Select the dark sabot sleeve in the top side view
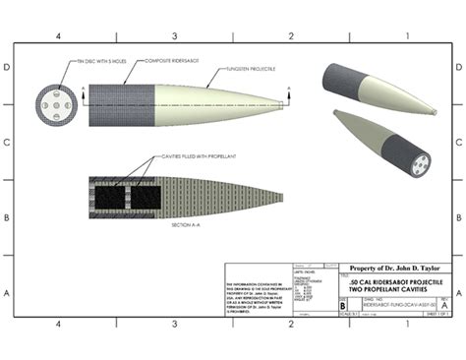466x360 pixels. click(x=122, y=103)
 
